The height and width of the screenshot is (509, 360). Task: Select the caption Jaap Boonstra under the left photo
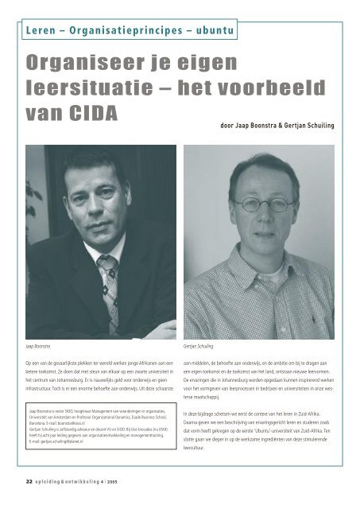click(40, 348)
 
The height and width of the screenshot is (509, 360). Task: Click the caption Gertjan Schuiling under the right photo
click(203, 348)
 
